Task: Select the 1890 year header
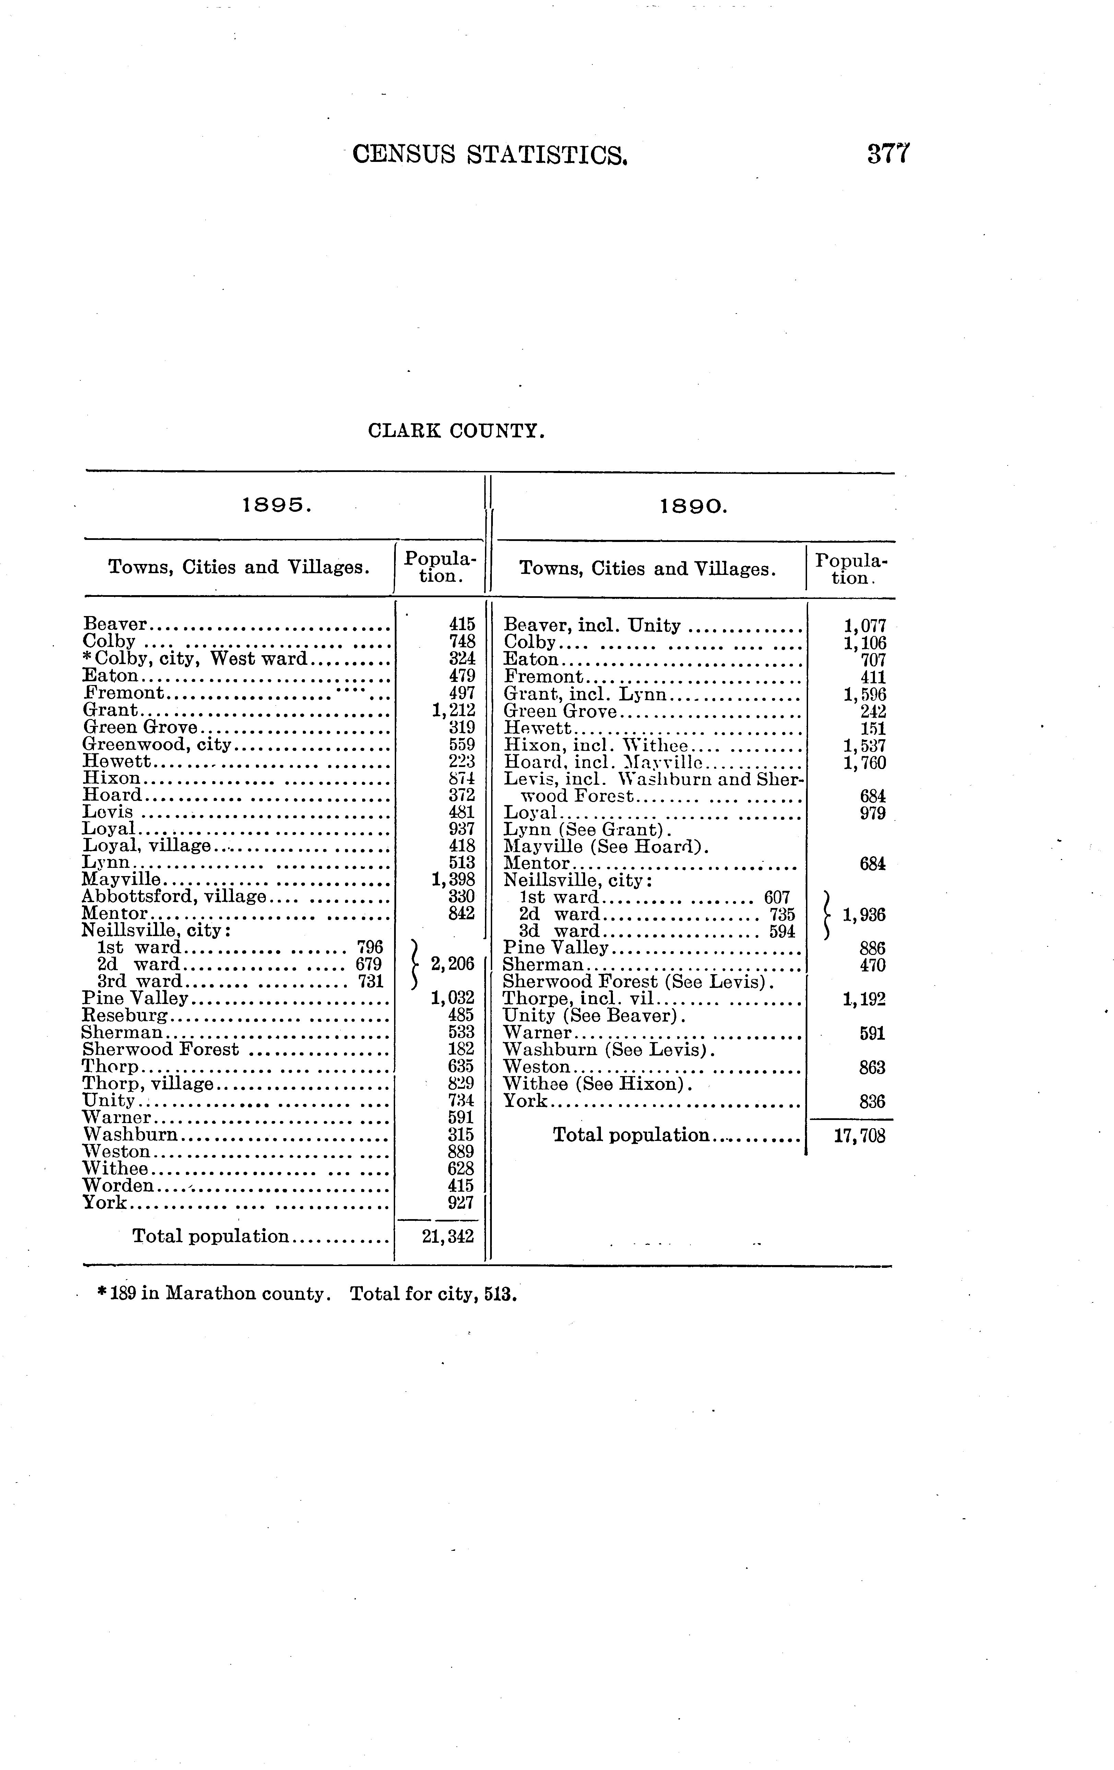point(693,506)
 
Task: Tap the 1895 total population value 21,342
point(448,1236)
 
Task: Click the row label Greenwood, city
point(157,745)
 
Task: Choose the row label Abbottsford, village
point(174,896)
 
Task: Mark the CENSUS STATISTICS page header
point(490,154)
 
